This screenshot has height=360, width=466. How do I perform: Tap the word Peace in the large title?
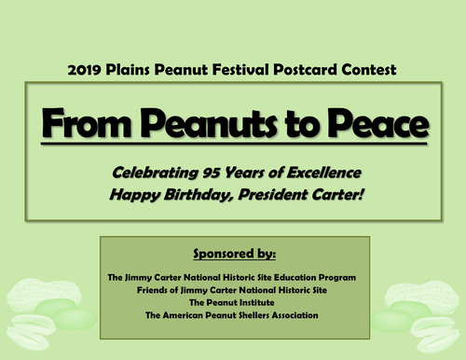357,123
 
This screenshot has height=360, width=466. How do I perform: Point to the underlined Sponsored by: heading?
233,252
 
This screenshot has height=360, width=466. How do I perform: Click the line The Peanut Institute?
233,302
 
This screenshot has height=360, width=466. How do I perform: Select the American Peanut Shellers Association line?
233,315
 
